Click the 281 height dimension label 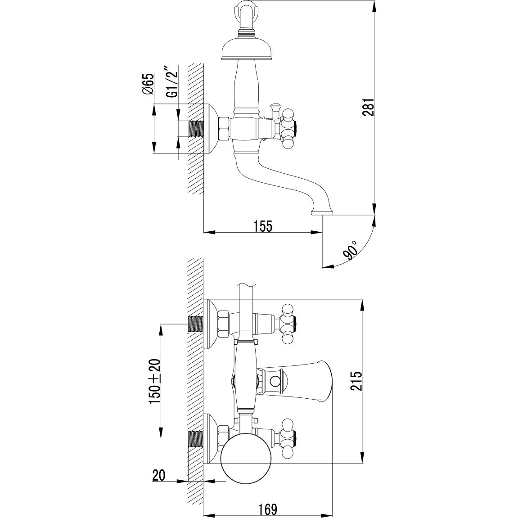point(368,107)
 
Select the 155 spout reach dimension point(263,226)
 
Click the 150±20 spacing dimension point(154,378)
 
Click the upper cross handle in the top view point(288,324)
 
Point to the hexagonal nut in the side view point(224,129)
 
